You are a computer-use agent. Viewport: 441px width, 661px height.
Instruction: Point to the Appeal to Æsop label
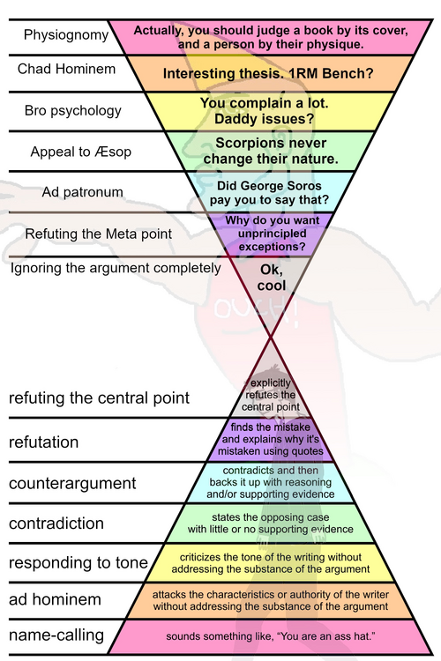coord(80,151)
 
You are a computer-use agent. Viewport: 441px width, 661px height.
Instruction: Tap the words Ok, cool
coord(272,279)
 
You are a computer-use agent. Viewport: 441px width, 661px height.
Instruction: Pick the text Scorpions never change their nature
coord(271,151)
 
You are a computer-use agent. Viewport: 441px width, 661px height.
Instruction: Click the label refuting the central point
coord(99,398)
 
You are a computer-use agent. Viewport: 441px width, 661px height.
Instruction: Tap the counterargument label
coord(72,483)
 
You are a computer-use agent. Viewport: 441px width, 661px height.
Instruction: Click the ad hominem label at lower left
coord(55,600)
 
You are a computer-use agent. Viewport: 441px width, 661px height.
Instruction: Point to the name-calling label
coord(56,635)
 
